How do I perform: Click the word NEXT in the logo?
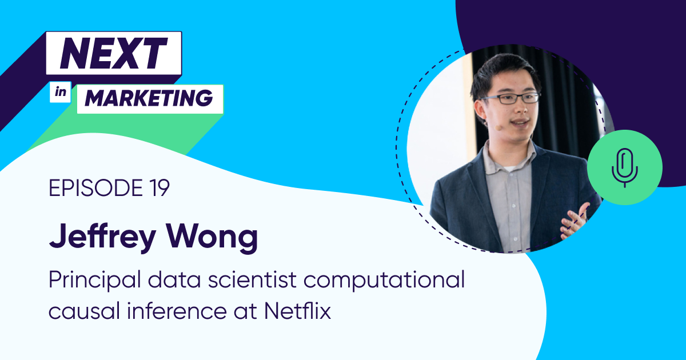114,53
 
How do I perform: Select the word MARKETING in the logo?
149,99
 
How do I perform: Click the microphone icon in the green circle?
625,167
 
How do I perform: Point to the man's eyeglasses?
510,98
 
